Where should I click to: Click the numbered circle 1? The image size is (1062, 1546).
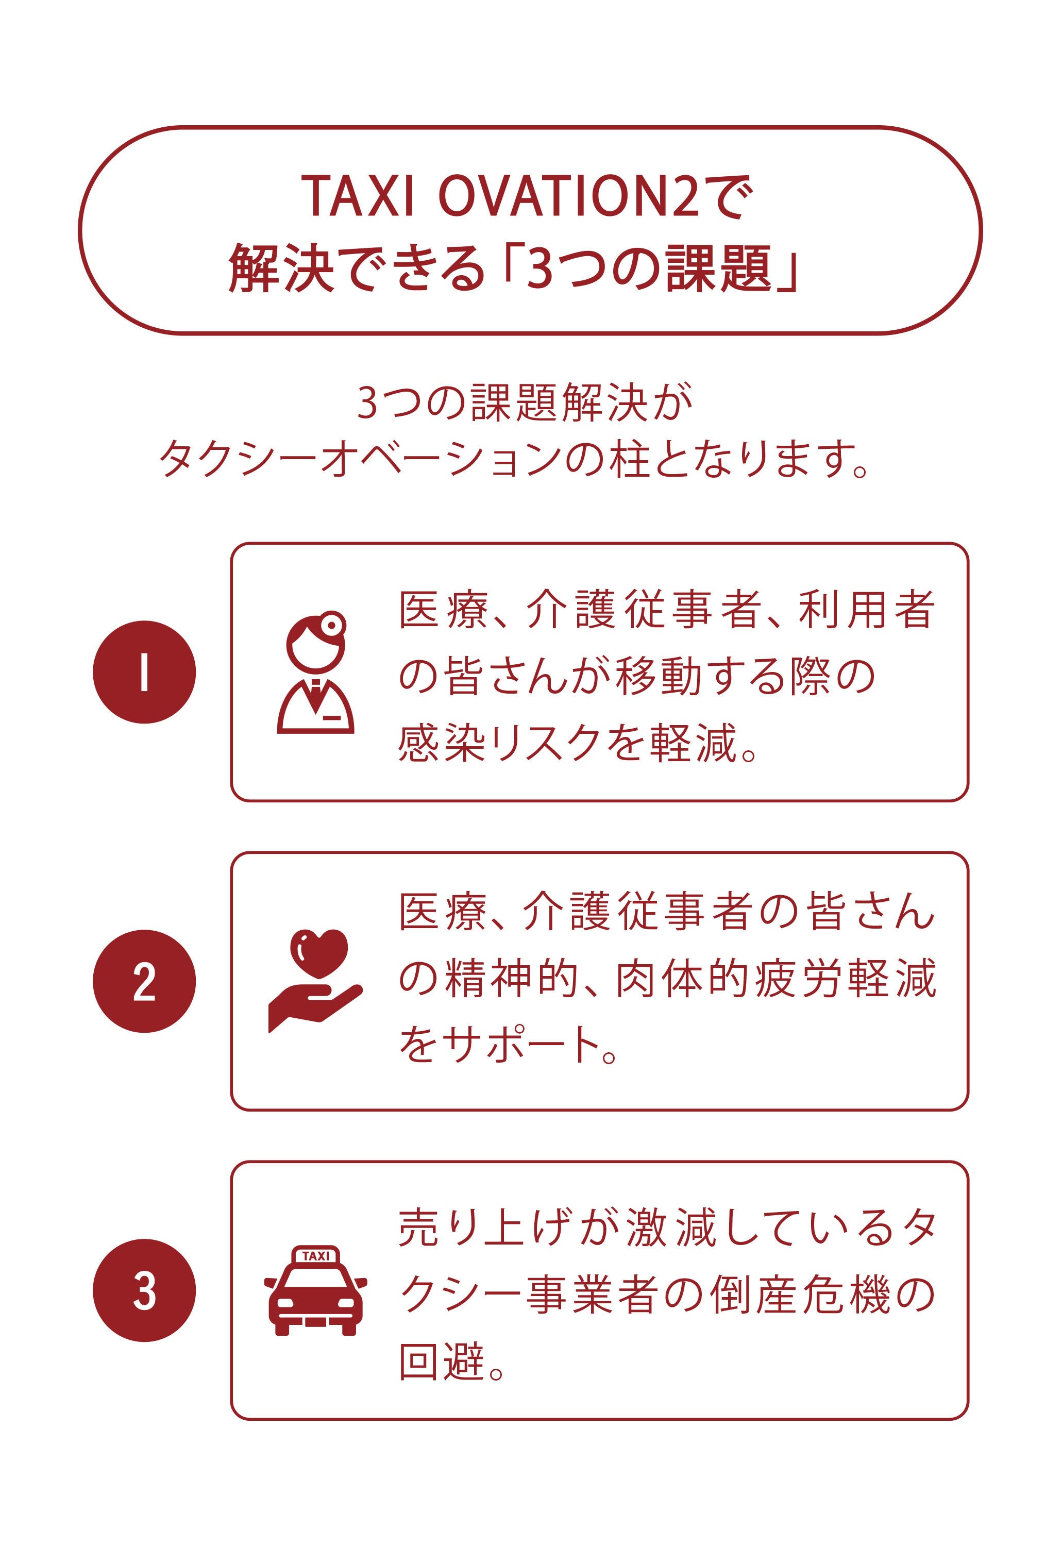click(144, 671)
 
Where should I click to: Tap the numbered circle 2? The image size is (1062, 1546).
click(144, 981)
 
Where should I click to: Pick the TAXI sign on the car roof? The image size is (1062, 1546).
click(315, 1256)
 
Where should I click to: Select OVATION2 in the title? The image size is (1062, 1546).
click(569, 196)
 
